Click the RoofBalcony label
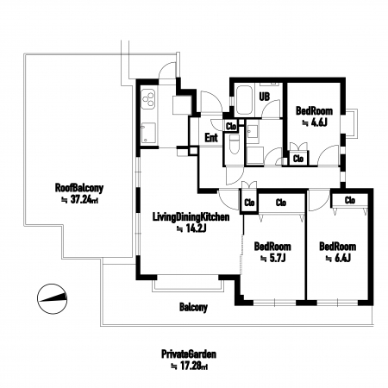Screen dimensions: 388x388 79,188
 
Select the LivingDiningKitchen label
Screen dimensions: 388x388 191,217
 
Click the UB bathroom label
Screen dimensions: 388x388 265,97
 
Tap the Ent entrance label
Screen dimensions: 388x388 211,138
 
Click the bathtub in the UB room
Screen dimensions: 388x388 244,100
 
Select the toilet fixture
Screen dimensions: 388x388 235,144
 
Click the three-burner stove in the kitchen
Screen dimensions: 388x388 148,98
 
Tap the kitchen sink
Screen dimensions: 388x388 148,133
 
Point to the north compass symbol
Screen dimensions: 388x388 52,299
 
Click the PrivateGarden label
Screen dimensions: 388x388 189,354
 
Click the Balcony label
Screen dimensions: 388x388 193,307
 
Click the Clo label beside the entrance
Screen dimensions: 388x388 231,127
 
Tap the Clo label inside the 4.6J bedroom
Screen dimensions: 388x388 298,159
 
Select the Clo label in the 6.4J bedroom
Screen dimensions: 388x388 350,200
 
